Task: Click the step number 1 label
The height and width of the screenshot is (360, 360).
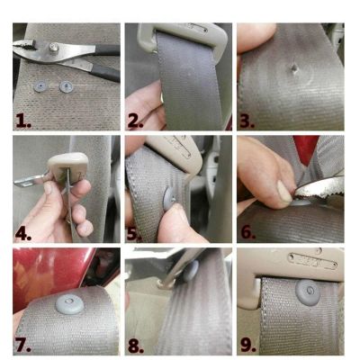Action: pos(23,121)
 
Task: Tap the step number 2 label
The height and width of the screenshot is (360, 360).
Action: pos(135,121)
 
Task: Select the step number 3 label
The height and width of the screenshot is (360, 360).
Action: pos(247,121)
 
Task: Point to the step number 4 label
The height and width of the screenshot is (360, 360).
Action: pos(23,234)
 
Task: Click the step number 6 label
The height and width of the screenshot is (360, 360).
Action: pos(247,233)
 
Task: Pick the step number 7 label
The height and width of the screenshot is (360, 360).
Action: pos(23,346)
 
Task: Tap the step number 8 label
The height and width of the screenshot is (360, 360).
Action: pos(136,346)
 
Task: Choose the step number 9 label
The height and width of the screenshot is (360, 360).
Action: pos(247,346)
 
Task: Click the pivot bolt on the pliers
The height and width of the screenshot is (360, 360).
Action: pos(54,48)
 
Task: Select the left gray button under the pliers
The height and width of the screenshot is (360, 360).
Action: pos(40,87)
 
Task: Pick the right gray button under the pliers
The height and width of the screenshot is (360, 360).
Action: pos(66,86)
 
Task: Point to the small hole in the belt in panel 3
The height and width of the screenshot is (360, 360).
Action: pos(293,68)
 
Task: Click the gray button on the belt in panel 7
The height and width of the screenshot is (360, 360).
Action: pos(69,303)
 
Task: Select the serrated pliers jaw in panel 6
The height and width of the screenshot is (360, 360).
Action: pos(319,188)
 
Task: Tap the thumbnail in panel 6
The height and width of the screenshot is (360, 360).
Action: pos(284,192)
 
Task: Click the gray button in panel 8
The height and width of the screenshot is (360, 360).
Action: pos(191,272)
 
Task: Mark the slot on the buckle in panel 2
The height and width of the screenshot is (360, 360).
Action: pos(197,29)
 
